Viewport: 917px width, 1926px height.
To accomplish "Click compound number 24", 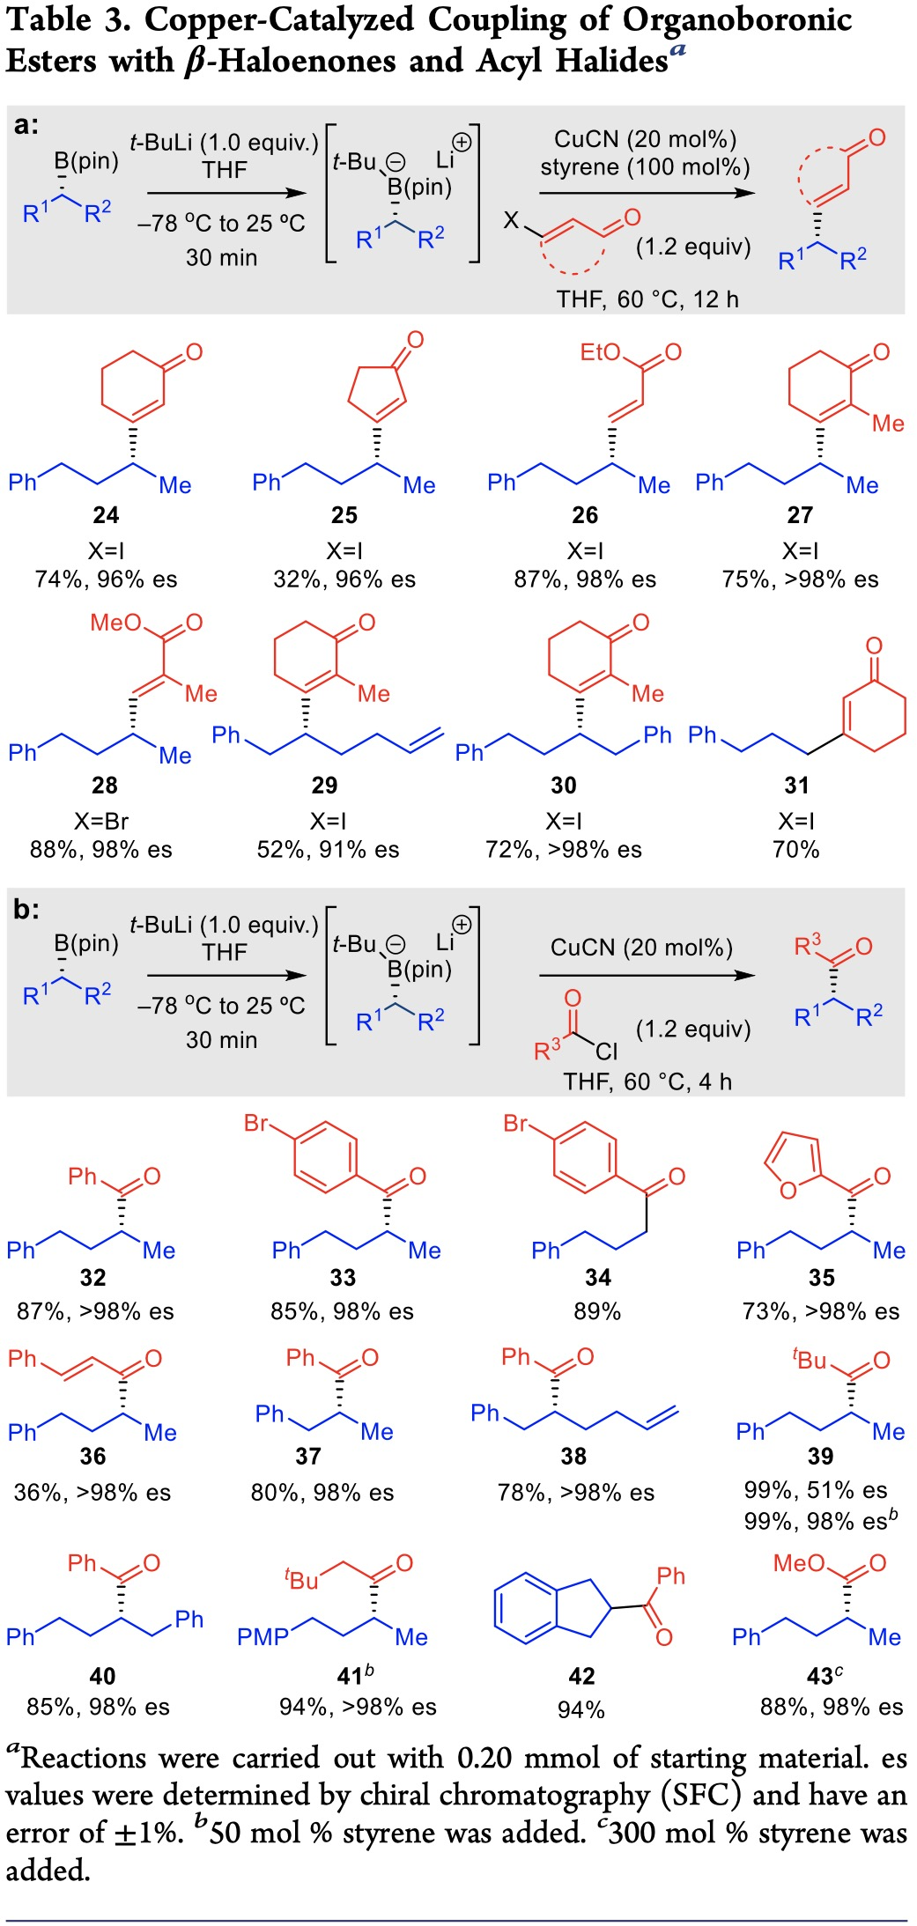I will coord(106,515).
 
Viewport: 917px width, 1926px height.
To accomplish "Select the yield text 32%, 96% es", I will coord(344,579).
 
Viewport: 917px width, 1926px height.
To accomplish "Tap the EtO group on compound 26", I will coord(600,352).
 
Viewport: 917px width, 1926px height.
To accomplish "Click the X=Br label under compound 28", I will coord(101,821).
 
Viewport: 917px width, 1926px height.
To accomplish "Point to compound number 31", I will coord(796,786).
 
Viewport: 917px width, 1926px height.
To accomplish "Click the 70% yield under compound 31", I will coord(795,850).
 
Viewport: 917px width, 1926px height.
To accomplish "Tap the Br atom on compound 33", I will coord(255,1123).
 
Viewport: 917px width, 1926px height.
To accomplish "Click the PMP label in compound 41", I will coord(263,1637).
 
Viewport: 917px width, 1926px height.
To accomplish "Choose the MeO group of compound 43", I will coord(799,1563).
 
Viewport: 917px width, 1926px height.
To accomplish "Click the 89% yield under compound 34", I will coord(597,1311).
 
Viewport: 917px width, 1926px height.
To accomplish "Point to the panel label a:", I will coord(26,125).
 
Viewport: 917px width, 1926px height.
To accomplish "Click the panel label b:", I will coord(26,909).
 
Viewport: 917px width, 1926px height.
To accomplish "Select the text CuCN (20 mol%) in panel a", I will coord(645,139).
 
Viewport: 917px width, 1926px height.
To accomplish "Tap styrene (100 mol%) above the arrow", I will coord(645,167).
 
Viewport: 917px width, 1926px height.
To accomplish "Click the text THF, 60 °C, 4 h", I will coord(647,1081).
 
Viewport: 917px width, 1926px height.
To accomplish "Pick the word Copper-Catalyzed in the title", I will coord(279,20).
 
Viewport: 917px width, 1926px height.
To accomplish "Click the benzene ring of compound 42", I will coord(525,1608).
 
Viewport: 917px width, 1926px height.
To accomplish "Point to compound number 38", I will coord(573,1457).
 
